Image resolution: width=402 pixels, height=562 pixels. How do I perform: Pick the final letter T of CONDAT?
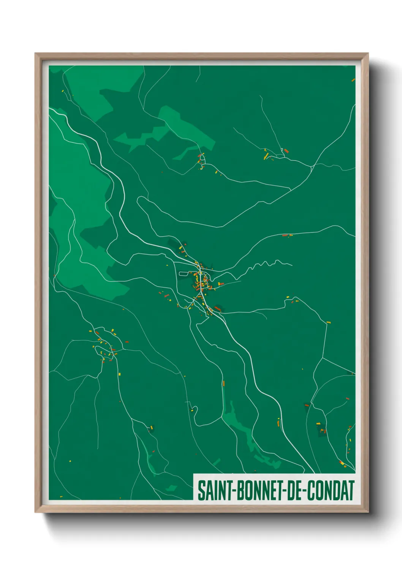click(x=351, y=490)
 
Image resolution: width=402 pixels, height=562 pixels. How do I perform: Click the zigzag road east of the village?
click(x=266, y=264)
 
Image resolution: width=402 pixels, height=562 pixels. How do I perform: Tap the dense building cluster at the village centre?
click(x=201, y=281)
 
